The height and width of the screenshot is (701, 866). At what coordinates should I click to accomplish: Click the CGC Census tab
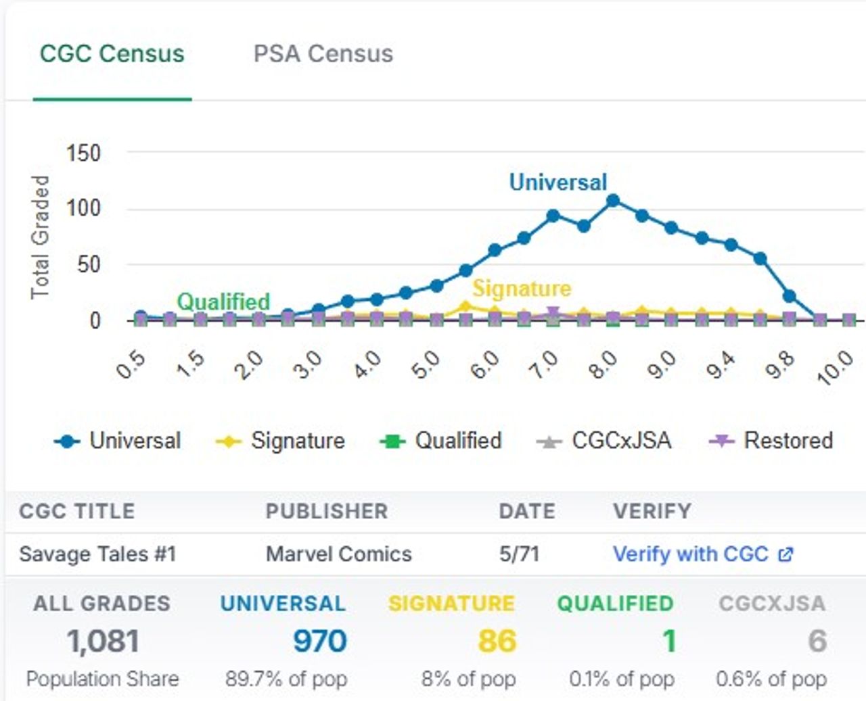[112, 54]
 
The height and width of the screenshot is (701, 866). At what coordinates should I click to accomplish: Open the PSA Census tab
[323, 54]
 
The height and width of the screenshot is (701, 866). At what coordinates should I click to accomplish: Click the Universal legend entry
[119, 441]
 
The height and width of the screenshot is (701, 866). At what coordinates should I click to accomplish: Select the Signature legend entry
[281, 441]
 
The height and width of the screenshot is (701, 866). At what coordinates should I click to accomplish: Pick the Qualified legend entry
[442, 441]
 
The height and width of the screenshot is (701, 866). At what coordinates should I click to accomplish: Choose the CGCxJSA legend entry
[605, 441]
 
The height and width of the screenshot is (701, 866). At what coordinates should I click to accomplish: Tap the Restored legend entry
[771, 441]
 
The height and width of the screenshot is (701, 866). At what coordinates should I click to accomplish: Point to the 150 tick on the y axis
[83, 153]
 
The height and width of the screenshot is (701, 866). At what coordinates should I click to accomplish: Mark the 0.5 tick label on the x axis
[130, 366]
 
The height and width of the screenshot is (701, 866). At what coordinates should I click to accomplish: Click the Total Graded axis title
[41, 237]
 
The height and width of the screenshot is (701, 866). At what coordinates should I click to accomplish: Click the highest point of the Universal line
[613, 201]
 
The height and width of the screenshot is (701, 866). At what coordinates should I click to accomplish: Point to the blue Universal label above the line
[558, 182]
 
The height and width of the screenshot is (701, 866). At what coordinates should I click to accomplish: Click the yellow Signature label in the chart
[522, 289]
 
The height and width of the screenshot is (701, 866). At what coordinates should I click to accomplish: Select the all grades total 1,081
[103, 641]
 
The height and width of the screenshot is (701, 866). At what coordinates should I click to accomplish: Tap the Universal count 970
[319, 641]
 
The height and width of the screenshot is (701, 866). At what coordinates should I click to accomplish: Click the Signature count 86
[497, 641]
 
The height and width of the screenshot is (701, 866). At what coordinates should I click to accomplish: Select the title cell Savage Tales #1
[97, 554]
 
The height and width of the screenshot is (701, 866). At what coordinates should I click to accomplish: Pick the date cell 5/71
[519, 554]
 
